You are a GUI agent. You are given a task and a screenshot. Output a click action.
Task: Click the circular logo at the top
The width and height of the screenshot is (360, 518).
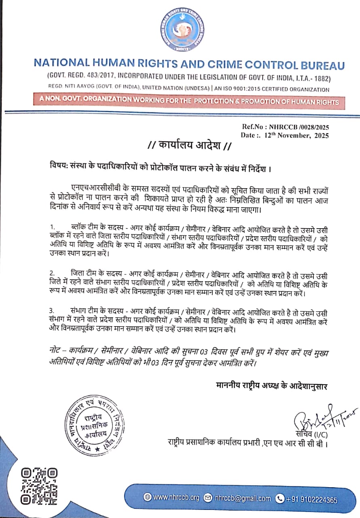tap(180, 31)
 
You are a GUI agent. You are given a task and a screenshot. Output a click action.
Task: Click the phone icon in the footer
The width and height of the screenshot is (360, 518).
tap(280, 499)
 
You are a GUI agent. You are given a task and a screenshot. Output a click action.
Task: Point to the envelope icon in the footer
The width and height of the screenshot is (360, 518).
tap(208, 498)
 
